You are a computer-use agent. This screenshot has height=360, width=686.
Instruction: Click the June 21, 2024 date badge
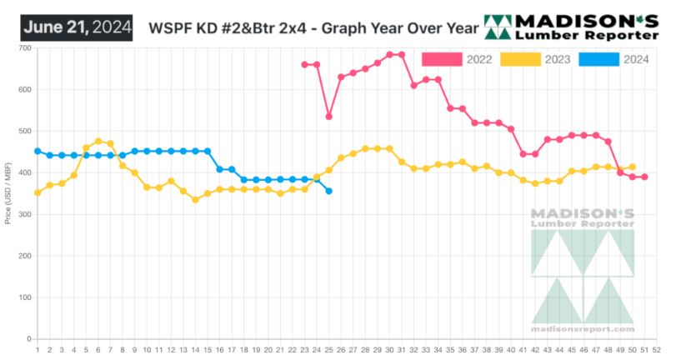pyautogui.click(x=77, y=27)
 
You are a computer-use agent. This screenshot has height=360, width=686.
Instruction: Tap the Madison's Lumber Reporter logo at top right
pyautogui.click(x=572, y=27)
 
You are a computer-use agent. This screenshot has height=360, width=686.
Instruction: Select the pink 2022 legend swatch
pyautogui.click(x=442, y=58)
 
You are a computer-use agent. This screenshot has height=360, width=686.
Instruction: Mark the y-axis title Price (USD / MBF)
pyautogui.click(x=8, y=193)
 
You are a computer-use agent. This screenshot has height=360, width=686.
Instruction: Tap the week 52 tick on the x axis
pyautogui.click(x=657, y=350)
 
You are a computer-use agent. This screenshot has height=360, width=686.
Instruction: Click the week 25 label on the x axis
pyautogui.click(x=328, y=350)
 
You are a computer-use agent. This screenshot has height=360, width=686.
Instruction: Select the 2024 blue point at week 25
pyautogui.click(x=328, y=192)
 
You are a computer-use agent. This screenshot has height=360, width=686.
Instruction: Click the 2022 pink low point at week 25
pyautogui.click(x=328, y=117)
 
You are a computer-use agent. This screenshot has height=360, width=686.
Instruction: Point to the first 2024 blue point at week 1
pyautogui.click(x=38, y=152)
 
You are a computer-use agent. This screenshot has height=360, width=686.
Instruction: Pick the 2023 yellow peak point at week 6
pyautogui.click(x=98, y=142)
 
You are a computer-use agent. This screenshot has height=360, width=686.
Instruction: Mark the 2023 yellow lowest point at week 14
pyautogui.click(x=195, y=200)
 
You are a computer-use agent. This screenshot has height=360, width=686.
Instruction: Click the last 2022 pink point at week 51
pyautogui.click(x=644, y=177)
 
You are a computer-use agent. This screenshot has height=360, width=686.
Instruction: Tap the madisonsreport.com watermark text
pyautogui.click(x=583, y=328)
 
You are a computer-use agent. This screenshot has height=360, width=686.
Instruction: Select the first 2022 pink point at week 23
pyautogui.click(x=304, y=64)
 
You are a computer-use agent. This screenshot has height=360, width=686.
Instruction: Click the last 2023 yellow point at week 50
pyautogui.click(x=632, y=167)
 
